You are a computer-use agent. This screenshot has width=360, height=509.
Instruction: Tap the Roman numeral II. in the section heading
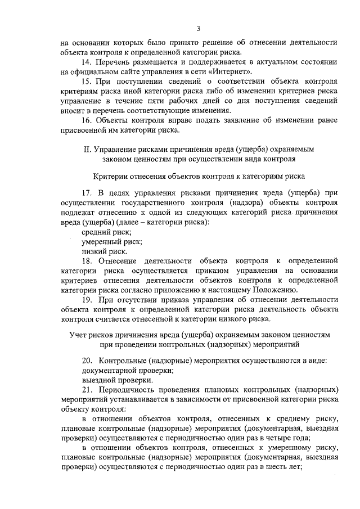pos(85,150)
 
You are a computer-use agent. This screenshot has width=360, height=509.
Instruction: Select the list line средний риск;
pos(107,232)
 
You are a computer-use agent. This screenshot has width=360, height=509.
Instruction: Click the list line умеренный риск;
pos(111,242)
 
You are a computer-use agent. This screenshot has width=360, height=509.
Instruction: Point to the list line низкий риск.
pos(105,252)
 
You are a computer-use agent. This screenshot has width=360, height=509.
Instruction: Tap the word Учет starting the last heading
pos(78,334)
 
